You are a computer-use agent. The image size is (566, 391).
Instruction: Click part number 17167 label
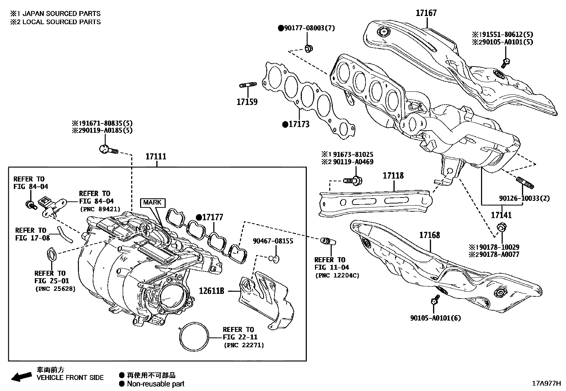point(426,13)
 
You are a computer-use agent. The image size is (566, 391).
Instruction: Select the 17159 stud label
point(247,102)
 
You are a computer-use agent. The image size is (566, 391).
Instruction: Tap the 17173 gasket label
point(299,125)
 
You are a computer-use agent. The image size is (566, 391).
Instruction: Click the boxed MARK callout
point(152,202)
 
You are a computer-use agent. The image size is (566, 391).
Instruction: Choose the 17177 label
point(213,217)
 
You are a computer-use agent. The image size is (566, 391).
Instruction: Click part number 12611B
point(212,291)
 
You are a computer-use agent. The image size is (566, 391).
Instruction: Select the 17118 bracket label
point(393,176)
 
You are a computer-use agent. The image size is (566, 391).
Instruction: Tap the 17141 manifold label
point(501,215)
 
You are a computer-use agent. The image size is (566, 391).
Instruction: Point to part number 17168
point(429,235)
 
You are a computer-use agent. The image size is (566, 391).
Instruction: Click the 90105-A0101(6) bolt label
point(435,318)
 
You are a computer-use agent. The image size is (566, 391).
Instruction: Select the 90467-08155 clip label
point(273,241)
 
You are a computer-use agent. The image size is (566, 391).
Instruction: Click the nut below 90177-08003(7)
point(309,48)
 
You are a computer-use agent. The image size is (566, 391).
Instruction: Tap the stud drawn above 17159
point(247,85)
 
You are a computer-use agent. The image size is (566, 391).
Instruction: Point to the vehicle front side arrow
point(21,376)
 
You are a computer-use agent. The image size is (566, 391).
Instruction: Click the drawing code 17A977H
point(546,384)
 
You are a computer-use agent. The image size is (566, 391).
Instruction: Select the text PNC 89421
point(100,209)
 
